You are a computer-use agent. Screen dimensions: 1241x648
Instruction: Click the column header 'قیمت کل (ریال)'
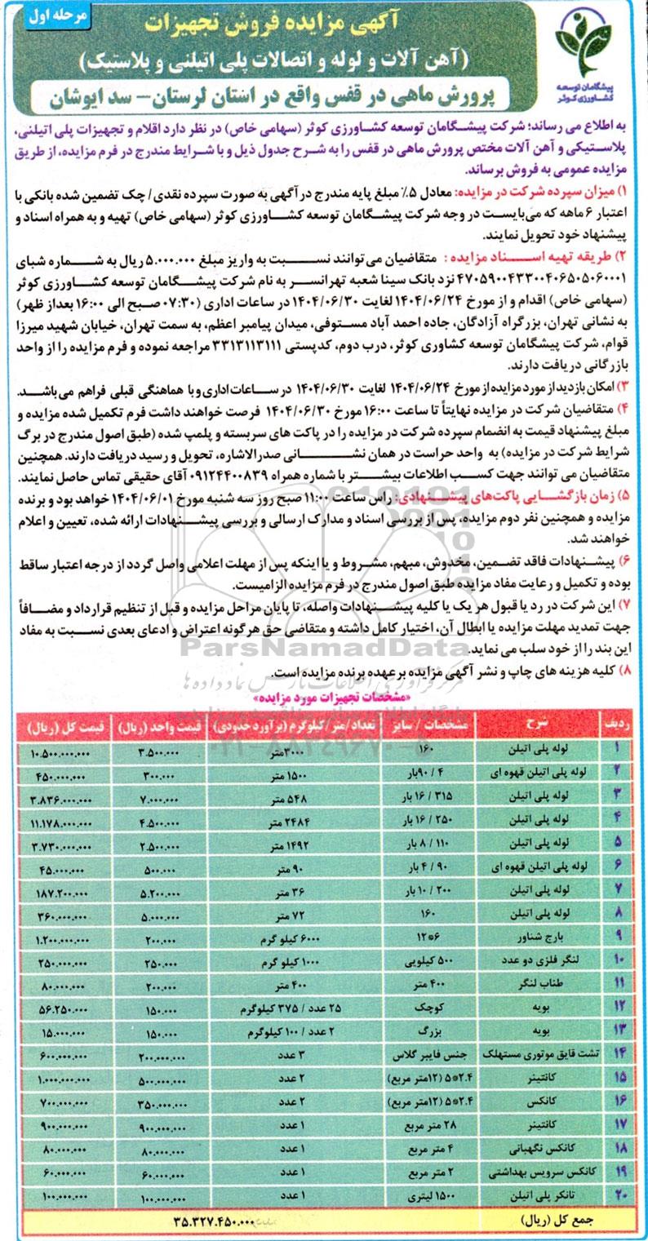[x=57, y=724]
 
